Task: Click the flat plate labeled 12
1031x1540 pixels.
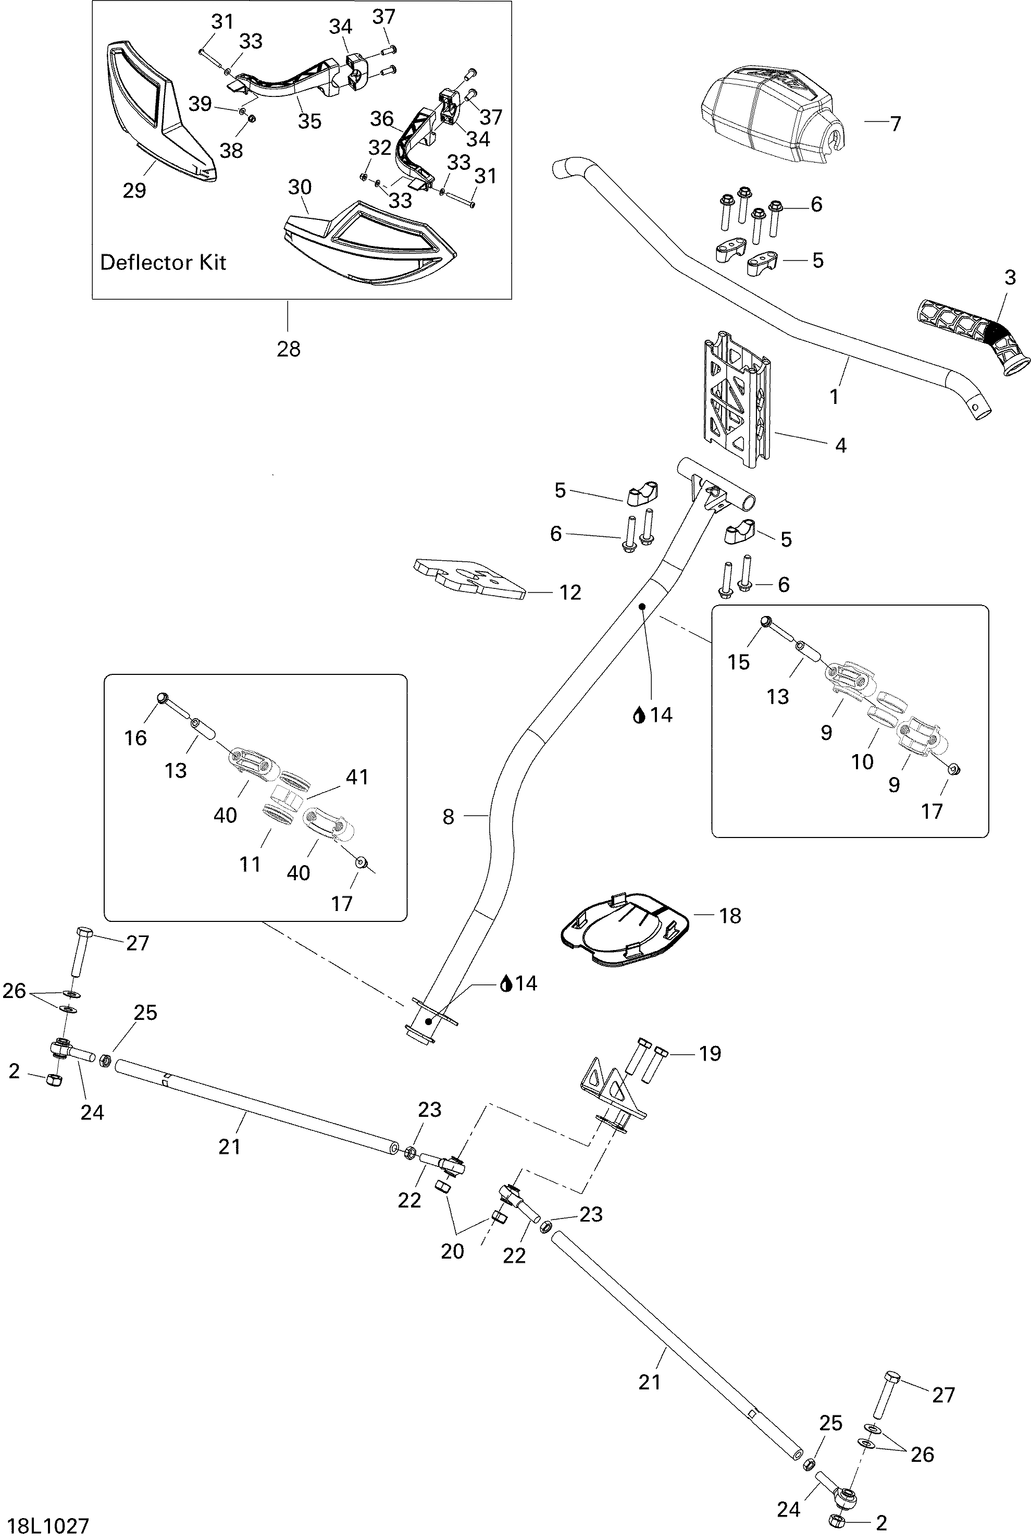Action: tap(469, 577)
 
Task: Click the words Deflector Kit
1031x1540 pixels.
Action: tap(163, 262)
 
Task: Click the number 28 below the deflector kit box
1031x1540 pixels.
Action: tap(288, 349)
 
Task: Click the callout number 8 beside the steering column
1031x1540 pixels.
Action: tap(449, 817)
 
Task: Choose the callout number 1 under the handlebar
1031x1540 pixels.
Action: tap(834, 397)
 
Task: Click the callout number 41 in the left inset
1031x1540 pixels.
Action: tap(357, 777)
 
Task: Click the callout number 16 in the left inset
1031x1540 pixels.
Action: tap(135, 738)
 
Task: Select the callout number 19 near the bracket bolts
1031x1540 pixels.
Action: tap(710, 1053)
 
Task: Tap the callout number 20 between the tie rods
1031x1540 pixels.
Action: tap(452, 1251)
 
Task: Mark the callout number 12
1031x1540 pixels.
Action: tap(570, 593)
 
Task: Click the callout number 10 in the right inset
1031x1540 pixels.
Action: tap(862, 761)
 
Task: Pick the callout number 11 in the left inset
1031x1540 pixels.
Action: tap(250, 864)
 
